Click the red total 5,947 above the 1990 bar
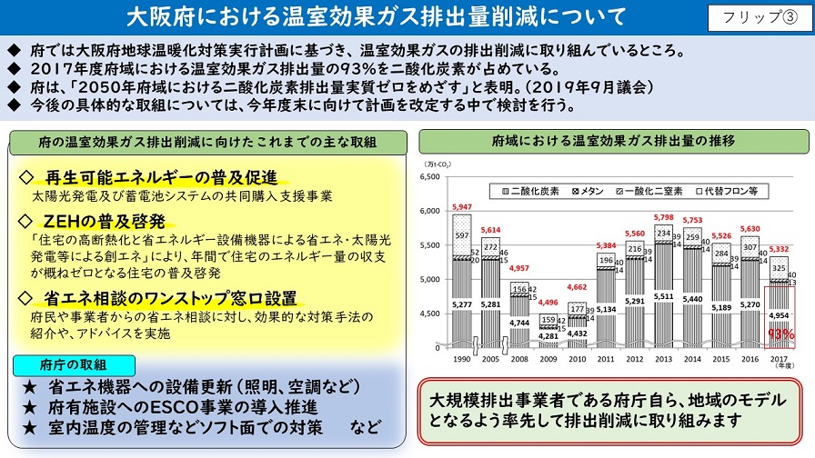click(462, 207)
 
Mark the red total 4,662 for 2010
click(577, 287)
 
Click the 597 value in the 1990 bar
click(462, 236)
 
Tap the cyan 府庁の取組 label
click(75, 363)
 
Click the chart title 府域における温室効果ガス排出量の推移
click(613, 141)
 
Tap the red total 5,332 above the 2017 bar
click(780, 249)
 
